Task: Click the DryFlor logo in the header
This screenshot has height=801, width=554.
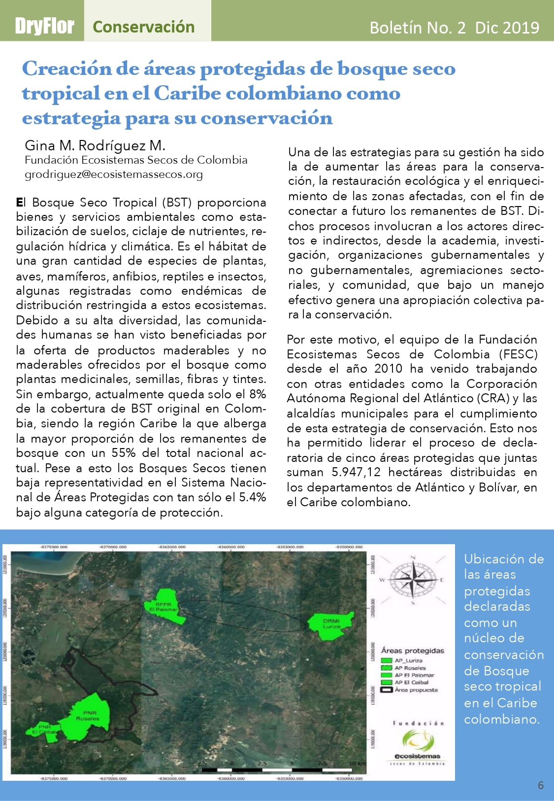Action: point(44,26)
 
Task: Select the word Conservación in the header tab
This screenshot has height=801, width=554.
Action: point(143,27)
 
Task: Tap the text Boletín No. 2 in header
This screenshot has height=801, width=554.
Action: point(417,28)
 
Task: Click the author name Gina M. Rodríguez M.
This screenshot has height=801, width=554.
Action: point(95,145)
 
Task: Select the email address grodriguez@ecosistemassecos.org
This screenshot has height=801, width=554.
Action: point(114,174)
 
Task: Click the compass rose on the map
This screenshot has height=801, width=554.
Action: point(412,580)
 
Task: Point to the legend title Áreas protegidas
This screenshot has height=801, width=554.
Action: point(413,651)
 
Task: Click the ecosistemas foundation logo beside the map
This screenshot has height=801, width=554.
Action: point(418,744)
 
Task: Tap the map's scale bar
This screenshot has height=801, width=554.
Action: point(283,768)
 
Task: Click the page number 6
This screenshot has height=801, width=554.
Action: point(541,785)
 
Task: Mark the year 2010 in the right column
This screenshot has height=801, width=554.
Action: point(388,369)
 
